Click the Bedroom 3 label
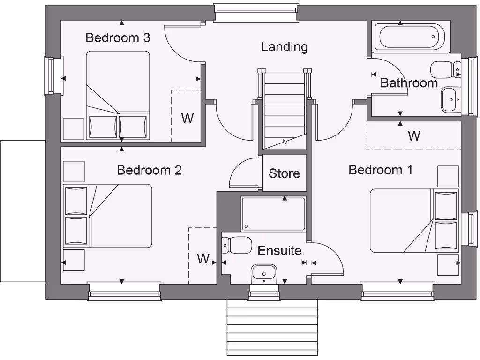(x=118, y=38)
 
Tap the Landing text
(x=284, y=47)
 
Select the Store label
(x=284, y=173)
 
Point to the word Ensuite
(x=279, y=250)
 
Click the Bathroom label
(x=409, y=83)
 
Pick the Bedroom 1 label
(x=381, y=170)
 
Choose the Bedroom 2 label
(x=149, y=170)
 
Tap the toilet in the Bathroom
(x=446, y=69)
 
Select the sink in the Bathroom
(x=450, y=99)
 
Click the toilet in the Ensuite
(x=237, y=245)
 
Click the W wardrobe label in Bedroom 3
(x=187, y=118)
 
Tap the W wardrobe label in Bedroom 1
(x=414, y=136)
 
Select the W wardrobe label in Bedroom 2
(x=203, y=259)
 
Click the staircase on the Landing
(x=285, y=110)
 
